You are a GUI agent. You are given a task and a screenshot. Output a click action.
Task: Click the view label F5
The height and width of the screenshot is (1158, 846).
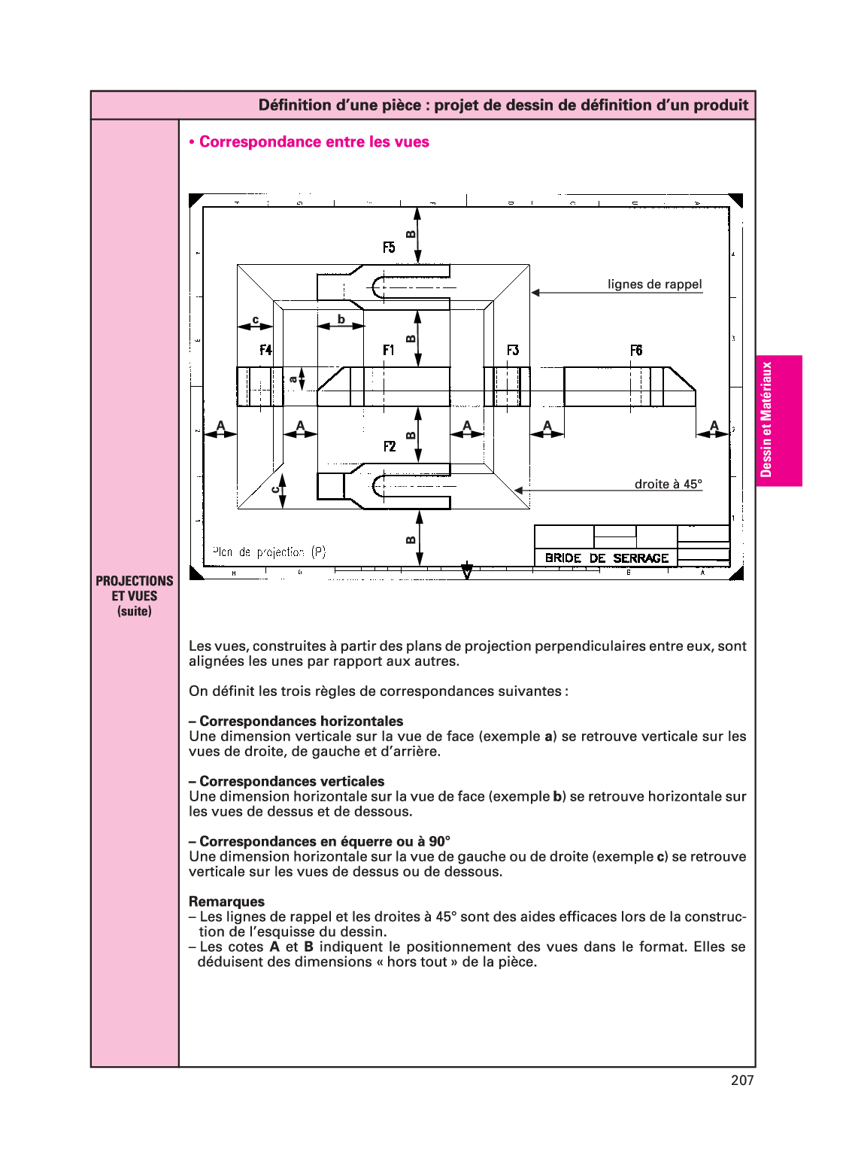click(x=389, y=248)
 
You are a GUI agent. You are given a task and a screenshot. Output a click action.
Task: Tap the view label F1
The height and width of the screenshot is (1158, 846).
click(x=388, y=350)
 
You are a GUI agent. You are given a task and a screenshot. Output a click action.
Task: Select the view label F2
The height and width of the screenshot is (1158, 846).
click(x=390, y=446)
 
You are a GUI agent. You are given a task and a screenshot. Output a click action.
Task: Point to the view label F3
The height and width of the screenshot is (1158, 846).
click(x=513, y=350)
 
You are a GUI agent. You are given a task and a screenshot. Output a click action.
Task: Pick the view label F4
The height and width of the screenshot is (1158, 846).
click(x=265, y=350)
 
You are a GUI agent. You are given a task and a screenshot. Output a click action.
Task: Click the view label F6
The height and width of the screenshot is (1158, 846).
click(x=636, y=350)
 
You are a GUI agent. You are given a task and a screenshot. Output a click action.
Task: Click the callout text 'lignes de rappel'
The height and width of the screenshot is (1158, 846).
click(x=654, y=284)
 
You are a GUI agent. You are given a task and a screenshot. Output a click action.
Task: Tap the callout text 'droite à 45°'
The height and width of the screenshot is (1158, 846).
click(x=668, y=484)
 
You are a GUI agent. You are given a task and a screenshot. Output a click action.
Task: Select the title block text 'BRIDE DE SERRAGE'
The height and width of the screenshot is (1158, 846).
click(x=606, y=558)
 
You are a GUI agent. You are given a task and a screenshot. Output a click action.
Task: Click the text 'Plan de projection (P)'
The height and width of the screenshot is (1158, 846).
click(x=269, y=552)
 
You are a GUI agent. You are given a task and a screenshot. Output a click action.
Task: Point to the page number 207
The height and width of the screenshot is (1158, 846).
click(x=741, y=1080)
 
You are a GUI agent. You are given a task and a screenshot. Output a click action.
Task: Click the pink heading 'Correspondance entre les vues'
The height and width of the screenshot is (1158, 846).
click(x=314, y=141)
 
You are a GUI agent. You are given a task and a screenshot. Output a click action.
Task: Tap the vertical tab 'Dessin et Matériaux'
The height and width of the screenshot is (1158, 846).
click(x=766, y=420)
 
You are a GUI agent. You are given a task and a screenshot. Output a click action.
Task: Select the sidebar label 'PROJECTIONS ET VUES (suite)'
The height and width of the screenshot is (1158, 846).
click(x=135, y=595)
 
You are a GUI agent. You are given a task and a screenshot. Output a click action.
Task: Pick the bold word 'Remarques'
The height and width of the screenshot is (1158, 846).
click(x=226, y=901)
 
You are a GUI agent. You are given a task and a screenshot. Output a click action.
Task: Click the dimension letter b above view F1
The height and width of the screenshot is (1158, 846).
click(x=341, y=319)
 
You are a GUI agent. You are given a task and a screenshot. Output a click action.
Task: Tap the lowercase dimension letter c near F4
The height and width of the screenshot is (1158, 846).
click(x=256, y=320)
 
